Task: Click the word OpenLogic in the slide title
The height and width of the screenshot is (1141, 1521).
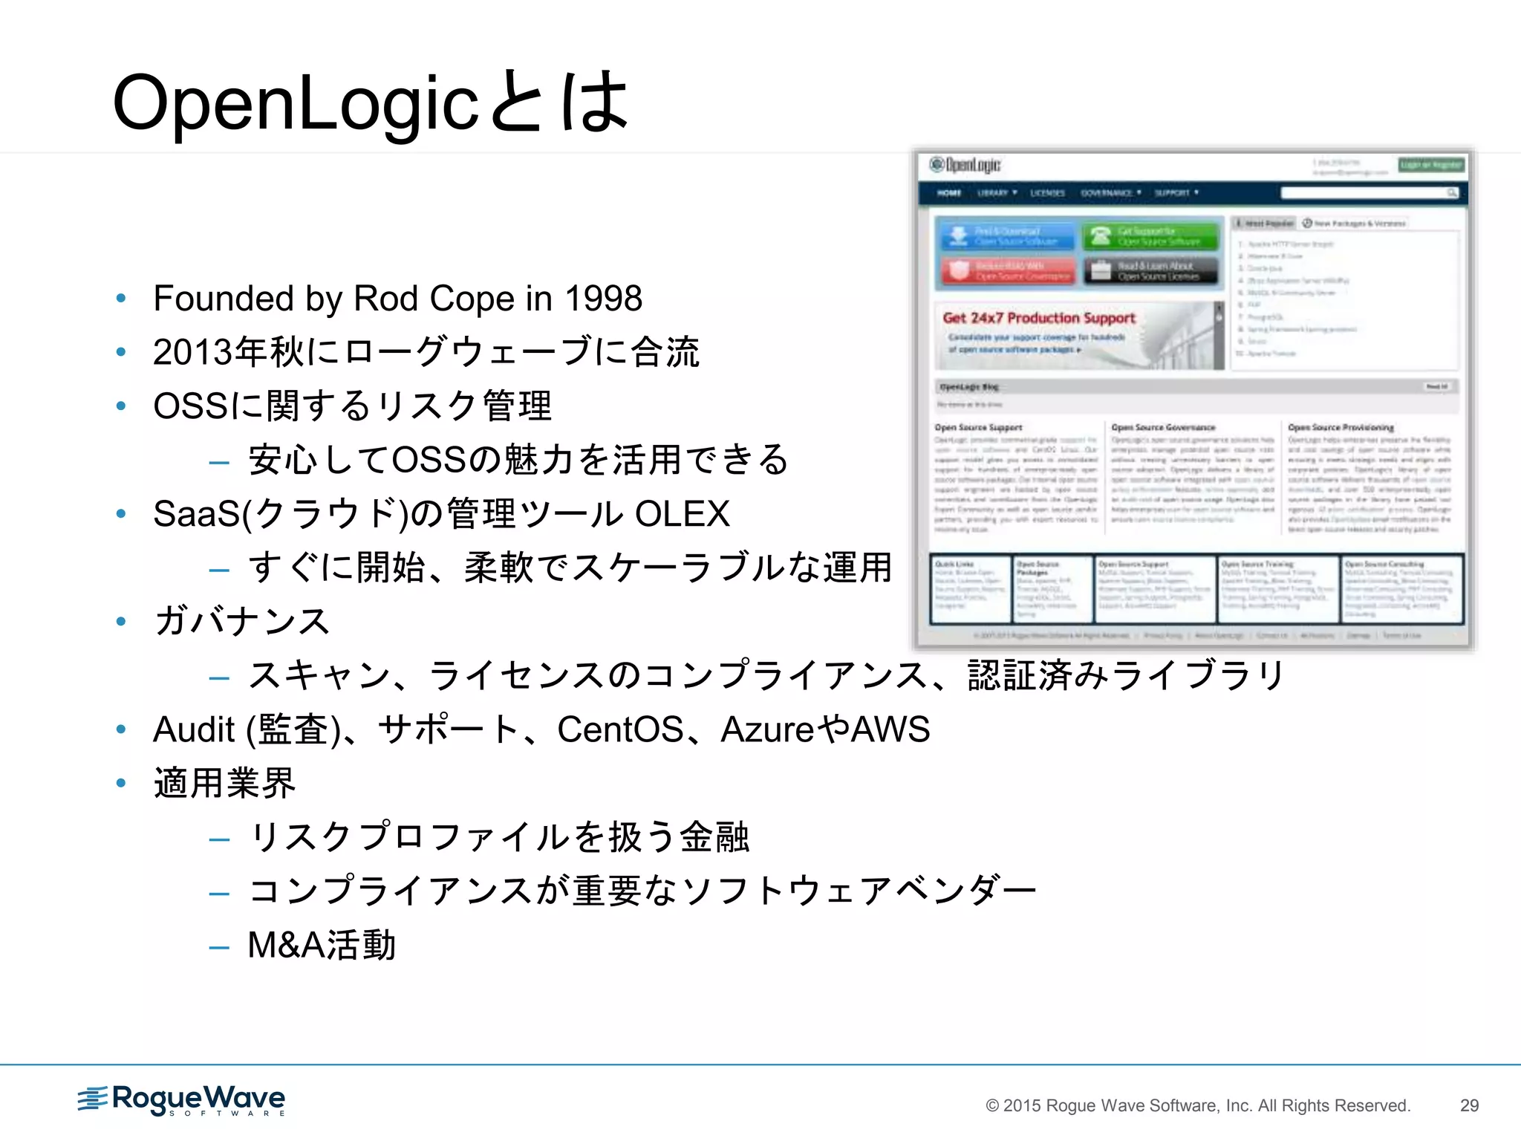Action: click(x=296, y=104)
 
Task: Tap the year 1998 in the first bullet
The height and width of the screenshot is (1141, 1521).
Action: click(x=603, y=299)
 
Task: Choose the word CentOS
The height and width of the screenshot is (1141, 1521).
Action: click(x=620, y=729)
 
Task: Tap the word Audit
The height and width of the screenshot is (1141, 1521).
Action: click(x=194, y=729)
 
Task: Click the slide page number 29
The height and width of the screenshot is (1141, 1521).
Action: click(x=1469, y=1105)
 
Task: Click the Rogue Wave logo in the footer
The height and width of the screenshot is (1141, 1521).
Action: click(x=182, y=1100)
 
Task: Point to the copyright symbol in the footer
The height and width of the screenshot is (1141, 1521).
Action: click(x=992, y=1106)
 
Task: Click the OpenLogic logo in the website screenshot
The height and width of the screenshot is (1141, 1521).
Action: click(x=965, y=164)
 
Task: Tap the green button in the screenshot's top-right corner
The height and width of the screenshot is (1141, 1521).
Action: click(x=1431, y=164)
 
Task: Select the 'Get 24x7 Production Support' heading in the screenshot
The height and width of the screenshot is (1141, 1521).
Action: click(x=1039, y=318)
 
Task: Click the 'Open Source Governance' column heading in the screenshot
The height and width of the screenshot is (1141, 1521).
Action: click(x=1163, y=427)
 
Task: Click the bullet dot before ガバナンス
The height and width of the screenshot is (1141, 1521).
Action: click(x=121, y=621)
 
